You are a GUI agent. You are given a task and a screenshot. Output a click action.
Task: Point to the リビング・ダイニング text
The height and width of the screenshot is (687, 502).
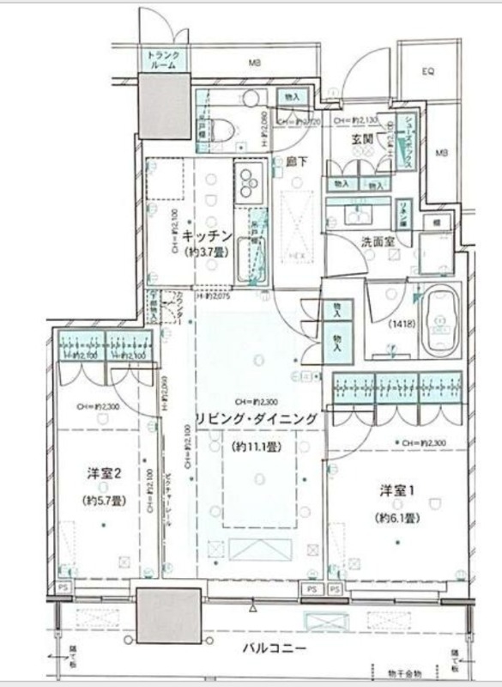(x=257, y=418)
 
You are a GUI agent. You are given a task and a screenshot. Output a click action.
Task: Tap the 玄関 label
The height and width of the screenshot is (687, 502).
(x=360, y=138)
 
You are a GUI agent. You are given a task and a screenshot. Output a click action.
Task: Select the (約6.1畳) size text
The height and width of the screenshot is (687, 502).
(x=396, y=518)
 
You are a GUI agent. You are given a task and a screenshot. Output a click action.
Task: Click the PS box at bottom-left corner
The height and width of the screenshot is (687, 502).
(x=63, y=587)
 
